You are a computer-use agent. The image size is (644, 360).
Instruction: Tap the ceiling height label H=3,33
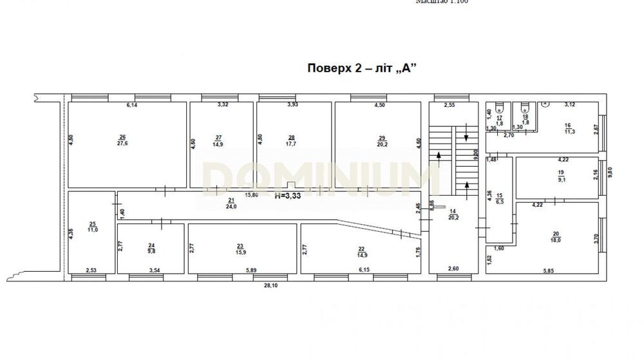(289, 196)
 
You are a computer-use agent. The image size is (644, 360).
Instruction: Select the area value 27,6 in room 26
(122, 144)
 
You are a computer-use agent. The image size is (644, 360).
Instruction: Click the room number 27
(218, 137)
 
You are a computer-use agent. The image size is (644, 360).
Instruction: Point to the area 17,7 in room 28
(292, 144)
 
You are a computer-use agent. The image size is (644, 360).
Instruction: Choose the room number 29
(381, 137)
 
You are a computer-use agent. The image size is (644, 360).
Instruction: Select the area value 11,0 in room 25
(93, 229)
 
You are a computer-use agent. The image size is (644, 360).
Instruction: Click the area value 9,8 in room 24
(152, 251)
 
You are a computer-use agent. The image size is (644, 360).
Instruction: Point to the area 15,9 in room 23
(240, 252)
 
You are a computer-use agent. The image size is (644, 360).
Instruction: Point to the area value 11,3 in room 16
(568, 132)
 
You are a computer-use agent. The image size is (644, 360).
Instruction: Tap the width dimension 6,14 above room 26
(132, 105)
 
